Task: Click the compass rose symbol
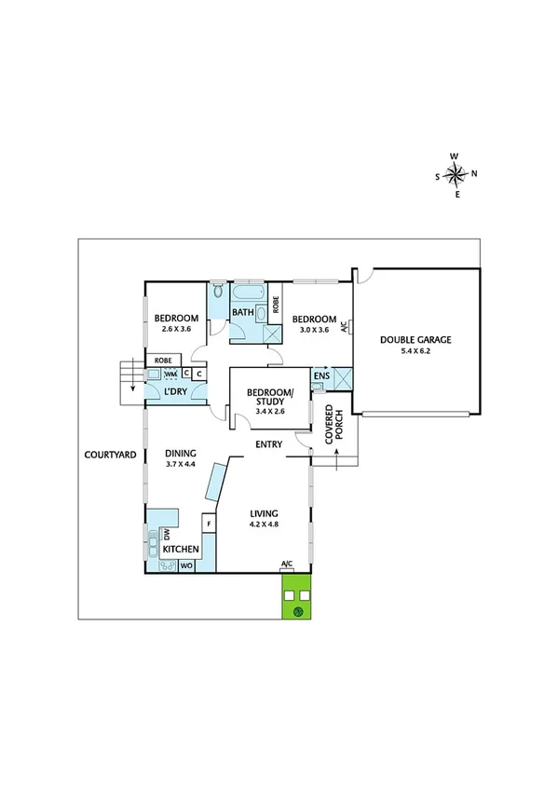coord(456,174)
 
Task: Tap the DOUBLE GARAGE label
coord(415,340)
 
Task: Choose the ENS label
coord(320,377)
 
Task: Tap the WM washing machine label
coord(170,375)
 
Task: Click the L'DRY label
coord(176,392)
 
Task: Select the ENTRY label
coord(269,444)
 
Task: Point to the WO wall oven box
coord(186,565)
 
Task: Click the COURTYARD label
coord(111,455)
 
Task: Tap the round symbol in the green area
coord(298,611)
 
